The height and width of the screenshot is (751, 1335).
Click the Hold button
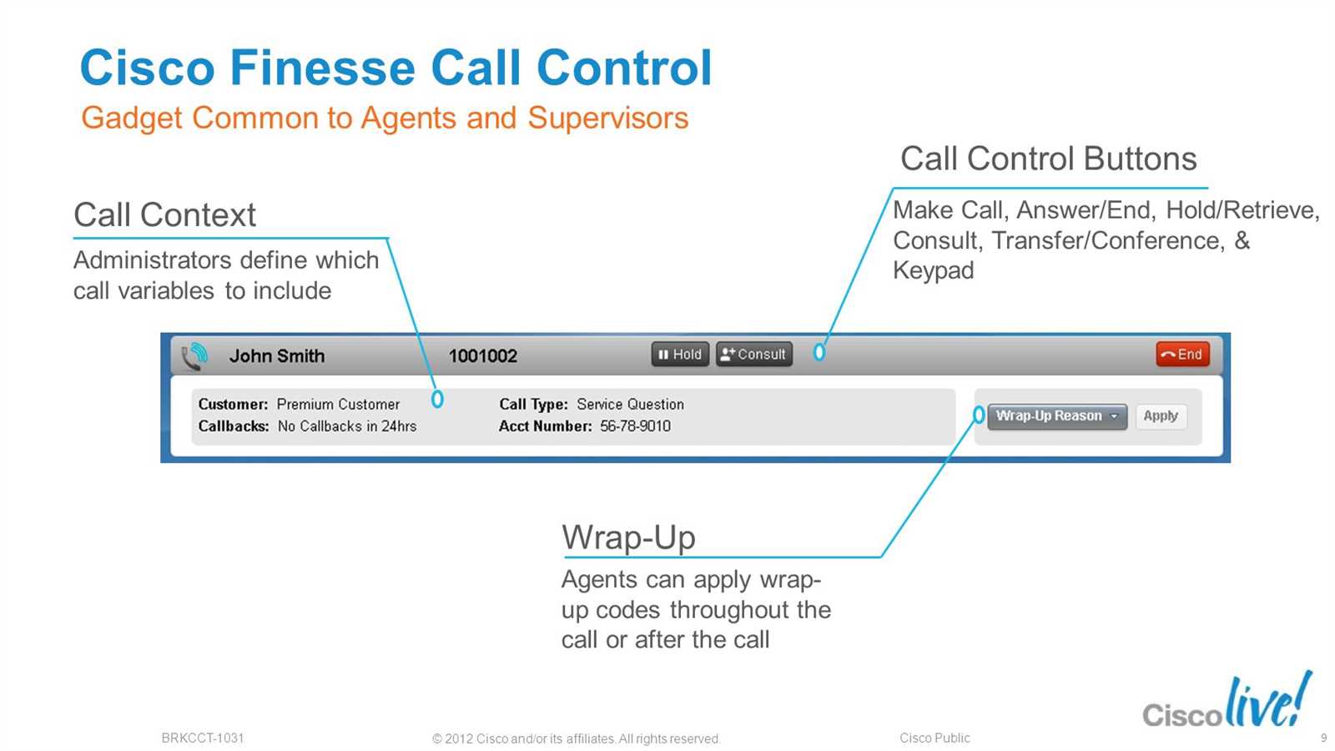pos(680,354)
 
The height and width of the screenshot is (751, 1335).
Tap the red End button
pos(1182,354)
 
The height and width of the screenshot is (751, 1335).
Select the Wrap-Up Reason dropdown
pos(1057,416)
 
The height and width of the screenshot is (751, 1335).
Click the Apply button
pos(1161,416)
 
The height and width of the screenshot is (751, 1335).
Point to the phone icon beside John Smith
pos(194,356)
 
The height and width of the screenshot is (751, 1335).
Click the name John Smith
pos(277,355)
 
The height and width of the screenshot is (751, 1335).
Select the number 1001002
pos(483,355)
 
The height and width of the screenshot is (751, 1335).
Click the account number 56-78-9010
pos(635,426)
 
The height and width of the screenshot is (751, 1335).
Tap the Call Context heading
pos(164,214)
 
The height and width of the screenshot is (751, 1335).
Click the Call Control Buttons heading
pos(1048,159)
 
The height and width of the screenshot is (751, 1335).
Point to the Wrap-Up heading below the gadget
pos(628,537)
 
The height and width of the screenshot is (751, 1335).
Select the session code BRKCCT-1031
pos(203,738)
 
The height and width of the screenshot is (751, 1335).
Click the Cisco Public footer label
pos(934,738)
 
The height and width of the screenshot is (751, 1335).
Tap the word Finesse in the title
pos(322,68)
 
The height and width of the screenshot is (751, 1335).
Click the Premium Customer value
pos(338,404)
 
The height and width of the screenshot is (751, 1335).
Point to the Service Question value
pos(630,404)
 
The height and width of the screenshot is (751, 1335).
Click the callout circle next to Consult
pos(819,352)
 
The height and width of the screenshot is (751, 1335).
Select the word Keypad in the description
pos(933,271)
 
